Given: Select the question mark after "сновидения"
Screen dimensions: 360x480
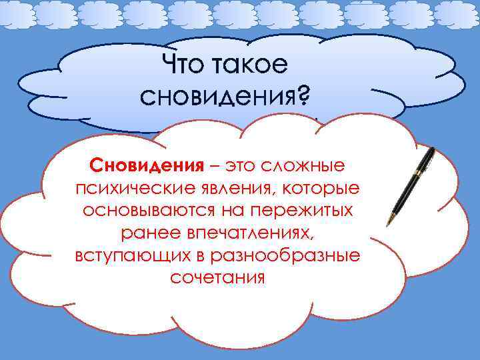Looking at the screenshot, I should pyautogui.click(x=303, y=98).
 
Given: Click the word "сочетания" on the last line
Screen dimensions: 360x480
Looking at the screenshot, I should pyautogui.click(x=218, y=278).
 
